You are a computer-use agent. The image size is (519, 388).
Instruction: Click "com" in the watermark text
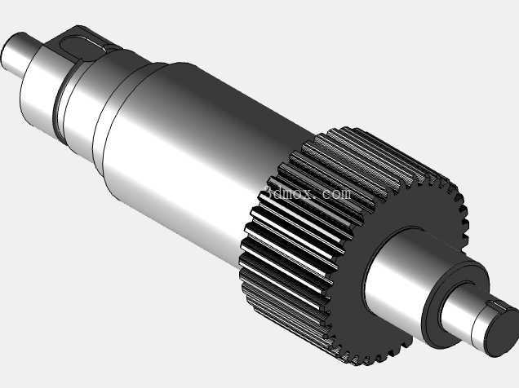[335, 193]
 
